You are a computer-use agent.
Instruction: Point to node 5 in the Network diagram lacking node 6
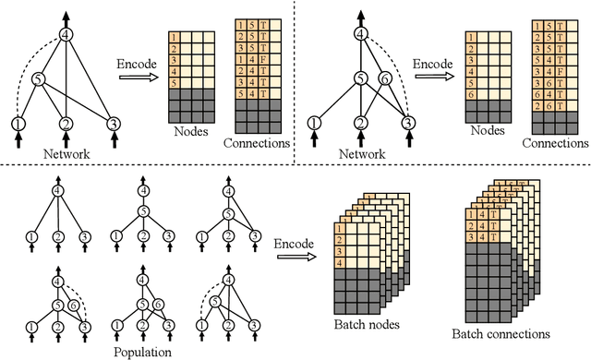pos(37,80)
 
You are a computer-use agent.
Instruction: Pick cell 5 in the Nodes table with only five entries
pos(174,82)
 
